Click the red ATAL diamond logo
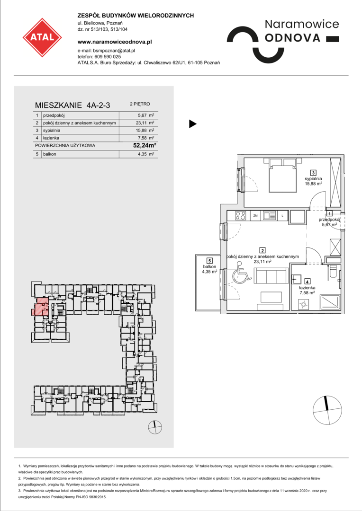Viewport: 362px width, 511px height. tap(42, 37)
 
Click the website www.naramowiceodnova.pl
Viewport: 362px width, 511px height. tap(115, 42)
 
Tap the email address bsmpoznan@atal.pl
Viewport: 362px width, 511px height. tap(114, 51)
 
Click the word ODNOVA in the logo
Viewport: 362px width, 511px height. tap(293, 38)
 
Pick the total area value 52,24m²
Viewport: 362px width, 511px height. tap(144, 145)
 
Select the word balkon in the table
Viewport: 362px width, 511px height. tap(50, 154)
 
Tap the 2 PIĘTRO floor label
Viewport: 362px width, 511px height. tap(140, 104)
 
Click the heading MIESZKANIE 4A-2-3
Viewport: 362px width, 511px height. tap(72, 105)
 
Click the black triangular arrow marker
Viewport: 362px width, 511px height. tap(192, 124)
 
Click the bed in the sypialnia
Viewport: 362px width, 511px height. tap(283, 176)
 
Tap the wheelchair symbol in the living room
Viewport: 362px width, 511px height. tap(242, 274)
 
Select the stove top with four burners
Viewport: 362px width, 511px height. tap(241, 215)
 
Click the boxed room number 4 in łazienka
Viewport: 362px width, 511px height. tap(307, 281)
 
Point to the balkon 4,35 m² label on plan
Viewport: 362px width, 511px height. tap(209, 269)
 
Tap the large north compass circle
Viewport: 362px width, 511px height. tap(327, 411)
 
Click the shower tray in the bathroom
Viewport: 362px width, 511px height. tap(330, 302)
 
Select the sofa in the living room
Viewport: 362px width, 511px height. tap(271, 276)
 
